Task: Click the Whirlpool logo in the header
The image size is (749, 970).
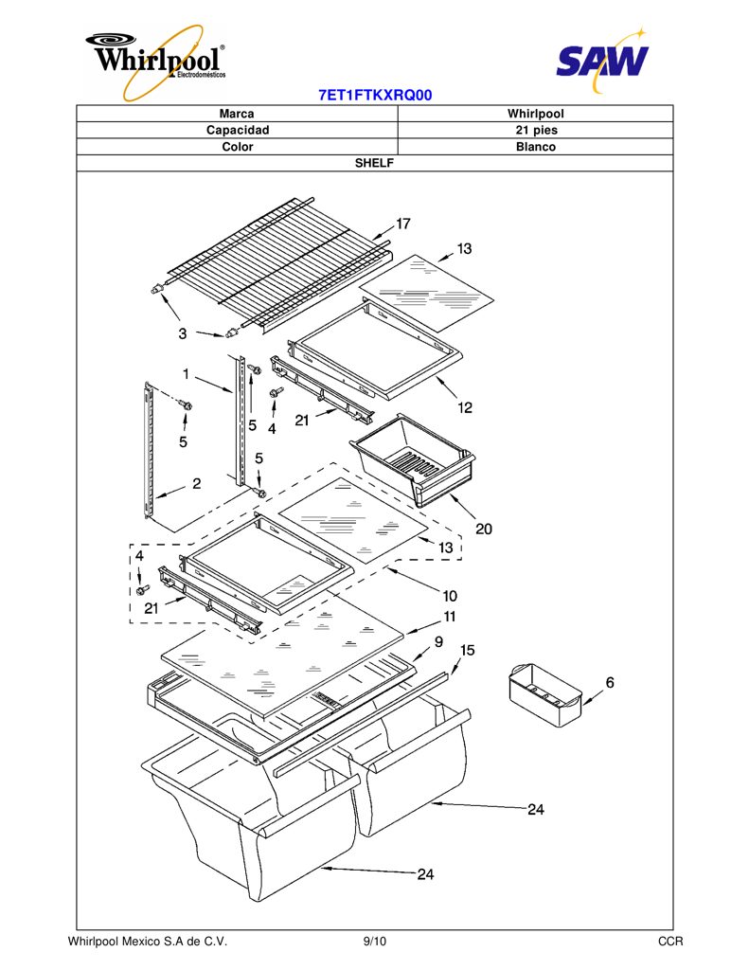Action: [x=156, y=62]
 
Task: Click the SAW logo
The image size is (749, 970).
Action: [x=602, y=60]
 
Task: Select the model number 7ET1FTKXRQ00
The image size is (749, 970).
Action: [x=375, y=96]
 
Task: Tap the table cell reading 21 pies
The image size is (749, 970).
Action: [x=536, y=130]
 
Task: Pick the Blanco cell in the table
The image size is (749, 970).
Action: [x=536, y=147]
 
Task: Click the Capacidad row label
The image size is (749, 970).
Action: [x=238, y=130]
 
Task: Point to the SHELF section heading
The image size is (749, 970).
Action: [x=374, y=163]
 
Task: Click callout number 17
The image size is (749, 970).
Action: [x=403, y=224]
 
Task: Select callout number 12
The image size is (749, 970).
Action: [x=465, y=407]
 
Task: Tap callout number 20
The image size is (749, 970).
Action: [x=484, y=529]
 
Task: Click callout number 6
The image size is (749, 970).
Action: [x=610, y=682]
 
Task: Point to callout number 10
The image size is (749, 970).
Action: [x=450, y=596]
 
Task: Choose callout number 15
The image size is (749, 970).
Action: [x=468, y=650]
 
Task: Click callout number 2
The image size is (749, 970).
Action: [x=197, y=483]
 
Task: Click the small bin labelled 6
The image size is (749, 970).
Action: [x=545, y=694]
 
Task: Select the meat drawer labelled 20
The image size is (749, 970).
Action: [x=413, y=459]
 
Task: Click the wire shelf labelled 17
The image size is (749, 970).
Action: [x=279, y=266]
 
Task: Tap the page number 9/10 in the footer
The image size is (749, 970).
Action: [x=375, y=942]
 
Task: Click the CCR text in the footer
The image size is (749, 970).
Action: [x=670, y=942]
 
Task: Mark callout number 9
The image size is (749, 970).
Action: [x=438, y=641]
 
